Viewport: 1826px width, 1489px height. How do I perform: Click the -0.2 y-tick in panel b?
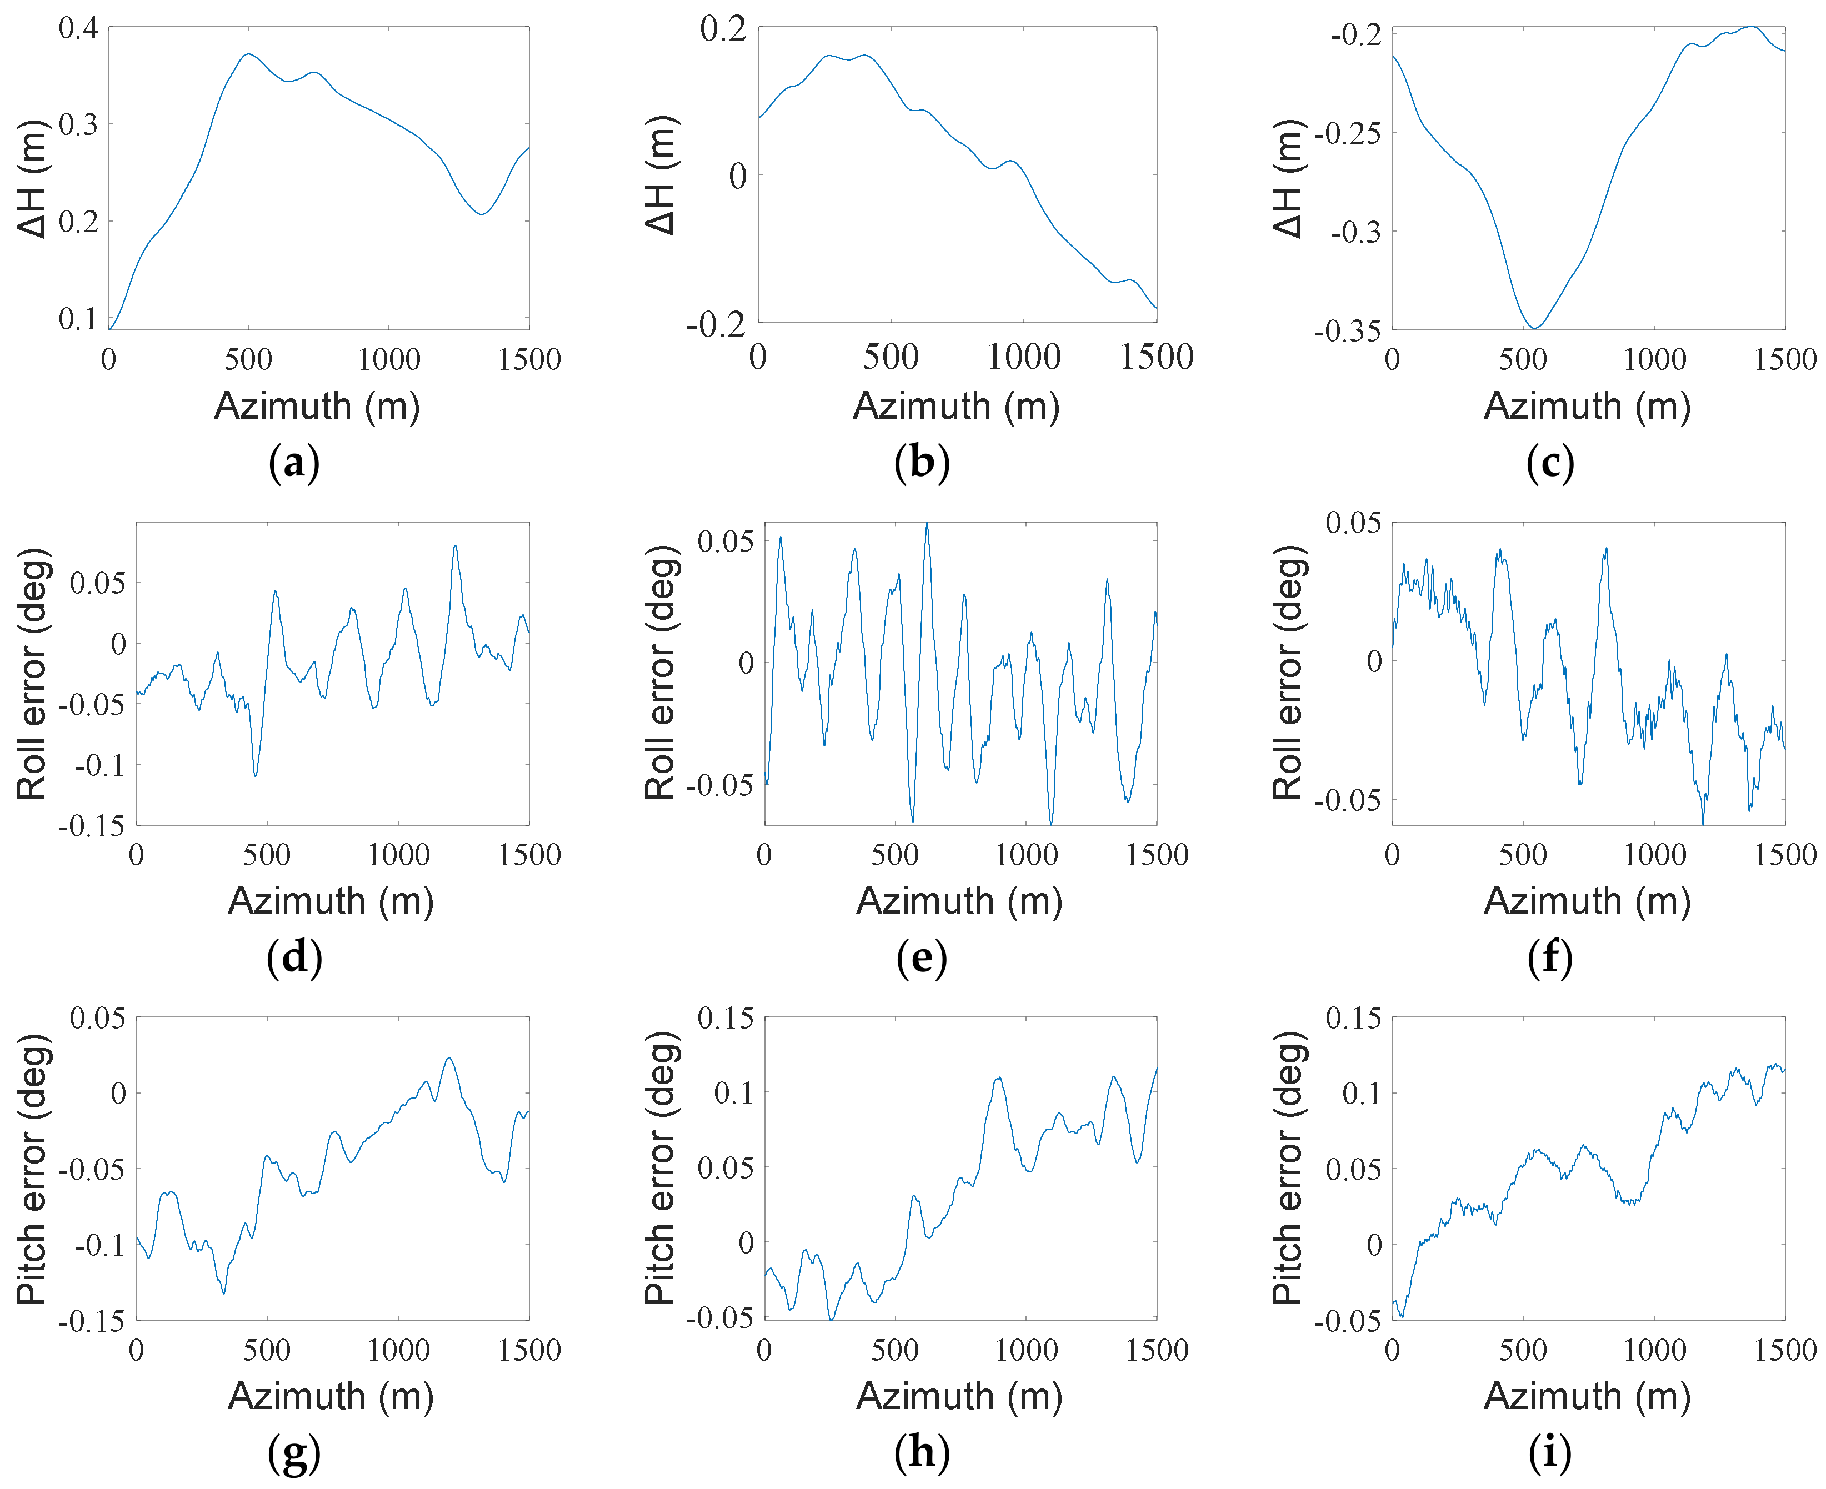click(716, 324)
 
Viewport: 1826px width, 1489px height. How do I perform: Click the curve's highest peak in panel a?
click(249, 54)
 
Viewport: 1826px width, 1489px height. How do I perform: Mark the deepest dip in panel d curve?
click(256, 775)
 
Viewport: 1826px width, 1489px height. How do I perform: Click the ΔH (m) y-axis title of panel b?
click(661, 176)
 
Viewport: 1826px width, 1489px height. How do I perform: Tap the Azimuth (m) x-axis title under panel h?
click(959, 1396)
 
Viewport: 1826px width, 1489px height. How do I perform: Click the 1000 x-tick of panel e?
click(1026, 855)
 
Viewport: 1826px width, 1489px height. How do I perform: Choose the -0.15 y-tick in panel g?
click(91, 1320)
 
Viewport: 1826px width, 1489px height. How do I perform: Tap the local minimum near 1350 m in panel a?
click(482, 214)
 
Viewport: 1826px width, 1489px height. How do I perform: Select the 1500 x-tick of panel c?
click(1785, 359)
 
